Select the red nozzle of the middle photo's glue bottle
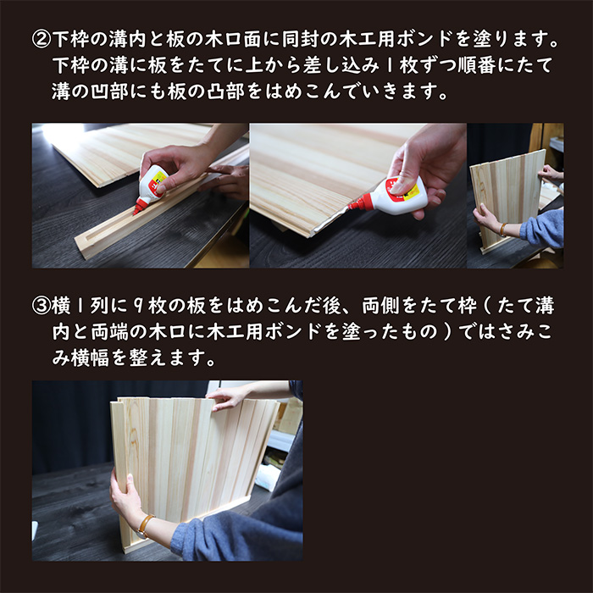click(361, 203)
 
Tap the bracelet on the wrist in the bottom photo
click(146, 526)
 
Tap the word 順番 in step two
click(485, 65)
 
